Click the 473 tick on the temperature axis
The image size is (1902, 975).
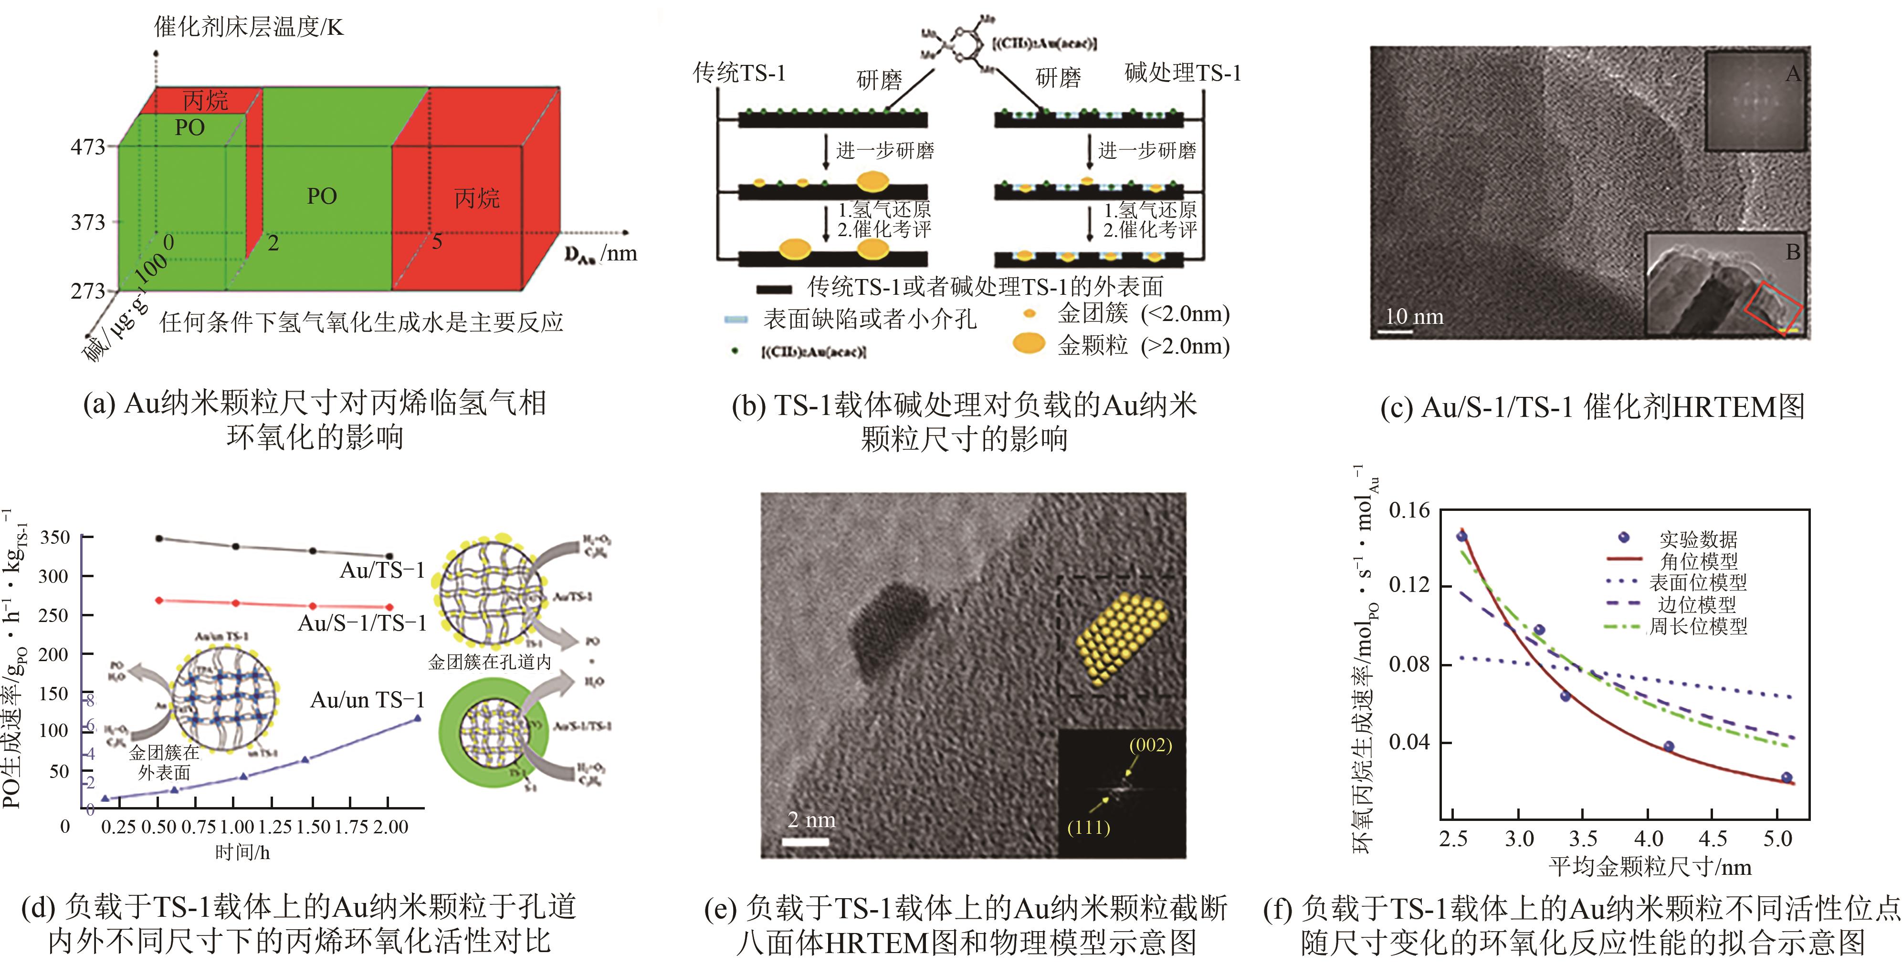tap(89, 147)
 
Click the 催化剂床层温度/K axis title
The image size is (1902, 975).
tap(248, 27)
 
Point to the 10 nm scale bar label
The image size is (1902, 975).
tap(1414, 317)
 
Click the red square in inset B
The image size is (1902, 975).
tap(1774, 308)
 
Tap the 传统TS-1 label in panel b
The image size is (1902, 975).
tap(739, 73)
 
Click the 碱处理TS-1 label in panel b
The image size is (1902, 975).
tap(1182, 73)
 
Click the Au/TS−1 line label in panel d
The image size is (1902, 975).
tap(382, 570)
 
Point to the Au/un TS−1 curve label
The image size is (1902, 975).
tap(367, 700)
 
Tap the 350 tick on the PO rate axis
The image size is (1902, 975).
tap(54, 537)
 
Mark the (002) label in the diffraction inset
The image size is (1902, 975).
tap(1150, 745)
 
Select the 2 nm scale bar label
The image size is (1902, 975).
tap(811, 820)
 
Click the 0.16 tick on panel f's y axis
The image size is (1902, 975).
tap(1409, 510)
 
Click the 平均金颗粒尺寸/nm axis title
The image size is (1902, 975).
tap(1650, 867)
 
